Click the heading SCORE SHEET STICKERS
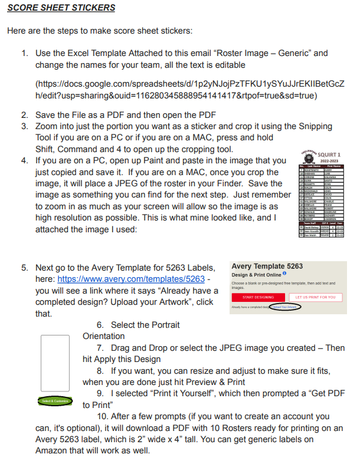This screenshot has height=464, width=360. click(x=61, y=8)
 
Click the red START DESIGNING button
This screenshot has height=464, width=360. click(x=258, y=297)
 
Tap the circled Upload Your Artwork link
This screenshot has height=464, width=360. click(x=283, y=307)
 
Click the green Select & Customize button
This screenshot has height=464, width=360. click(x=56, y=401)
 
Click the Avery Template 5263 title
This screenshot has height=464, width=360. click(x=267, y=266)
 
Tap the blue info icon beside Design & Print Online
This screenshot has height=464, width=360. click(x=284, y=274)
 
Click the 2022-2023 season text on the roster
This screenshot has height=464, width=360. click(x=330, y=161)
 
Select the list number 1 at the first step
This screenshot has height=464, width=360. click(x=25, y=53)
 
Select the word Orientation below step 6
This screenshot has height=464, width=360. click(x=104, y=336)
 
